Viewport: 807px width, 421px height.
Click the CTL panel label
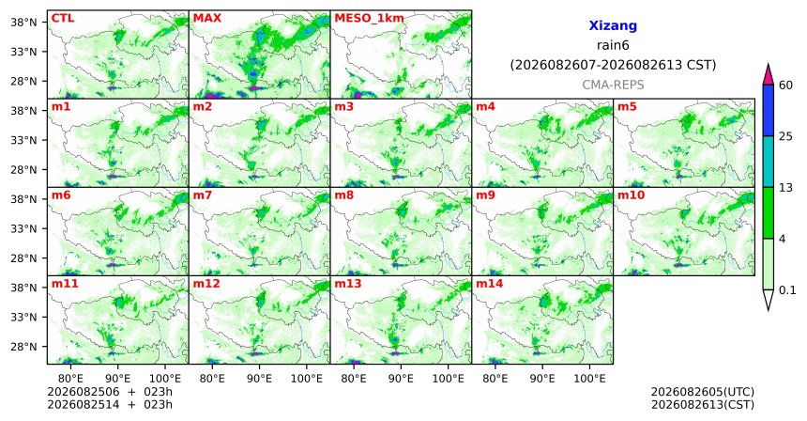(x=63, y=19)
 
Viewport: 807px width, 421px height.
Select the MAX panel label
(x=206, y=19)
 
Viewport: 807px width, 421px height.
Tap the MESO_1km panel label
(x=369, y=19)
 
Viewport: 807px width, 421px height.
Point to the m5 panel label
(x=627, y=107)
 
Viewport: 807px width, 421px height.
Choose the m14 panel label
(x=490, y=284)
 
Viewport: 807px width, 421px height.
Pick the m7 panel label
(x=203, y=195)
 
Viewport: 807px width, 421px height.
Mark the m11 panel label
(x=65, y=284)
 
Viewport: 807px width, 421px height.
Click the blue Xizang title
(x=613, y=25)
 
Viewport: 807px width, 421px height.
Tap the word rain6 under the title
(x=613, y=45)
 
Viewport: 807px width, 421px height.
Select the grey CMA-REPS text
(x=613, y=85)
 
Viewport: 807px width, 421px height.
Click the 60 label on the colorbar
(x=786, y=85)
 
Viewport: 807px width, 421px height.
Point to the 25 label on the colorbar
(x=786, y=136)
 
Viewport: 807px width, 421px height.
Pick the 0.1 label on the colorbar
(x=787, y=290)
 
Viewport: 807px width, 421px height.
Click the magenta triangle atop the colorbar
(x=769, y=75)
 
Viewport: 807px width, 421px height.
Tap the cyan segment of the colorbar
(x=769, y=162)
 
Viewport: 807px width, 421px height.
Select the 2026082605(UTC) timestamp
(x=703, y=393)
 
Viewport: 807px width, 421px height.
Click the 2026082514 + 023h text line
(x=110, y=405)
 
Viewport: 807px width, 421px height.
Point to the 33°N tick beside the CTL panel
(x=23, y=52)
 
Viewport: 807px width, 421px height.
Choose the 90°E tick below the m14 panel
(x=542, y=380)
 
